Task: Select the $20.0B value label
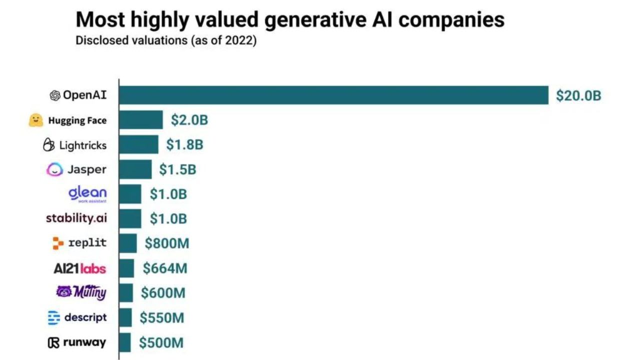[x=578, y=95]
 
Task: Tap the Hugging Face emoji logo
[x=36, y=120]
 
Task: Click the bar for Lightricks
[x=139, y=145]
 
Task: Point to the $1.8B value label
[x=184, y=145]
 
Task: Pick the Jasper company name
[x=86, y=169]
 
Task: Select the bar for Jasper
[x=135, y=169]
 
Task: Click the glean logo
[x=87, y=193]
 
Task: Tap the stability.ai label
[x=76, y=218]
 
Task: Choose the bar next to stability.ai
[x=130, y=218]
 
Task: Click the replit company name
[x=87, y=243]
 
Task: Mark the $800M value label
[x=167, y=243]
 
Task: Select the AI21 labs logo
[x=79, y=268]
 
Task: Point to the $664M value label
[x=165, y=268]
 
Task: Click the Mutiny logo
[x=81, y=292]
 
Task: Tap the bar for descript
[x=126, y=317]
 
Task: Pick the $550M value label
[x=161, y=317]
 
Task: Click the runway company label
[x=84, y=342]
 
